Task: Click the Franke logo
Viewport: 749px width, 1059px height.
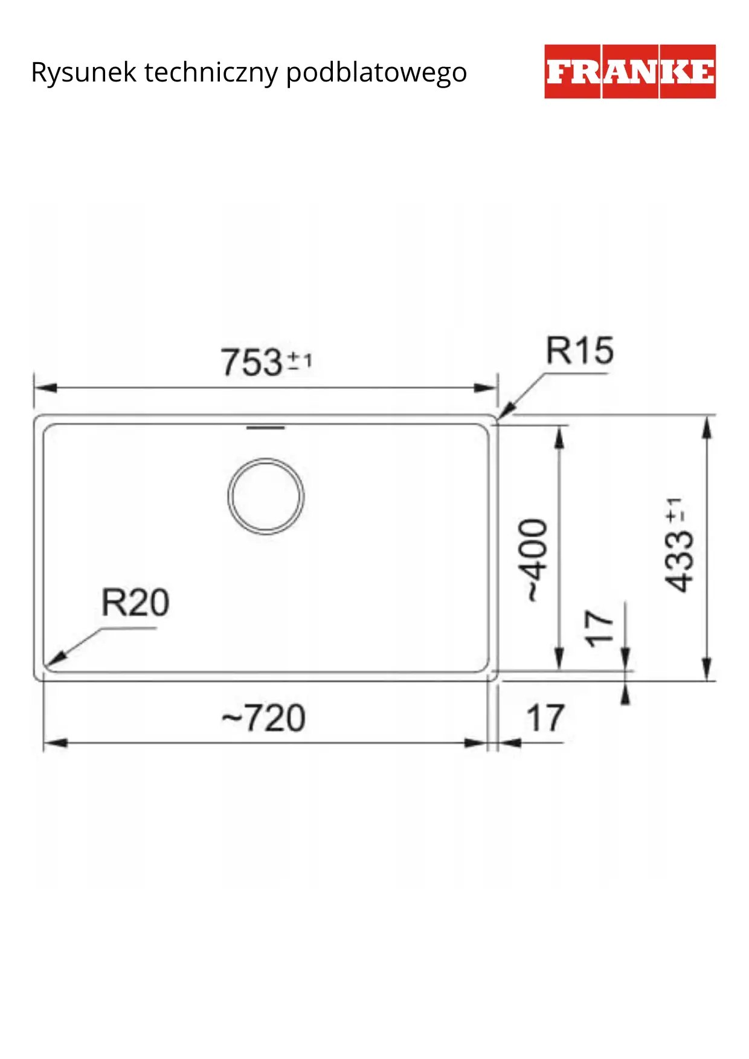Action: [x=630, y=71]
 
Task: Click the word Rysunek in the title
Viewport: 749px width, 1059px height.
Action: [x=84, y=73]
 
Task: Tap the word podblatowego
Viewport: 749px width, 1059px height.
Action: [x=376, y=73]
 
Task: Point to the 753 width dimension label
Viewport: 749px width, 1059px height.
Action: [x=266, y=362]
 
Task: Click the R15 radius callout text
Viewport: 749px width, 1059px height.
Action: [x=580, y=351]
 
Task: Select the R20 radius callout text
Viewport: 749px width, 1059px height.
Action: [x=135, y=603]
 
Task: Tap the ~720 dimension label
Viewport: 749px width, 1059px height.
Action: [x=264, y=718]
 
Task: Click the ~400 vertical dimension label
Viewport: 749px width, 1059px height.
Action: [x=534, y=560]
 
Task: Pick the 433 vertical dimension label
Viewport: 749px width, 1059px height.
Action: [x=678, y=545]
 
